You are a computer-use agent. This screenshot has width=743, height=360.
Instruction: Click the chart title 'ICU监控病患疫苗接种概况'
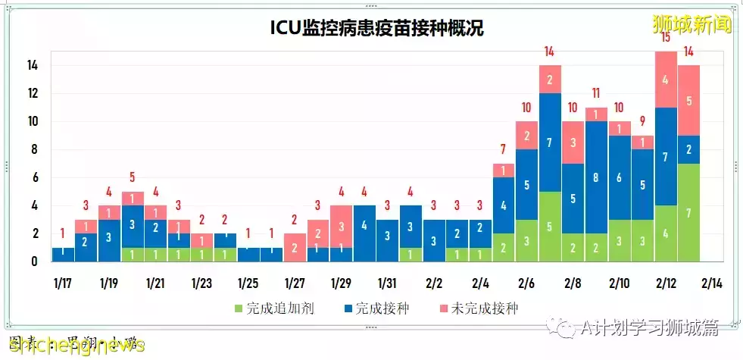[376, 29]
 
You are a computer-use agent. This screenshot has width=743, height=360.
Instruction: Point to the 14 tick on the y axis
[33, 66]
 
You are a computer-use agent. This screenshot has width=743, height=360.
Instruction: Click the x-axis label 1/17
[62, 283]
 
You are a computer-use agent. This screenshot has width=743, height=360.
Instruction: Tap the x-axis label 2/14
[713, 283]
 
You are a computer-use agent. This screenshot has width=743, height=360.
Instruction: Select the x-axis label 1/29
[341, 283]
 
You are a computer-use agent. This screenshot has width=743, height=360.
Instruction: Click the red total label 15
[666, 38]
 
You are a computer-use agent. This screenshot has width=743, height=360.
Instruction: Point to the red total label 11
[596, 93]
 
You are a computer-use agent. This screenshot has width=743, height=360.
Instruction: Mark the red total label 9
[642, 121]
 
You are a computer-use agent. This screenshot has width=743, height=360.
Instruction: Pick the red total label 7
[503, 149]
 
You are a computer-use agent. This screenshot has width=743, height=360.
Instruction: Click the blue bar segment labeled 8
[596, 177]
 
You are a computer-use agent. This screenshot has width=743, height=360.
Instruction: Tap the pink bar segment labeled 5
[689, 100]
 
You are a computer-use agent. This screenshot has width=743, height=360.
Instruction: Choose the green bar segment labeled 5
[550, 226]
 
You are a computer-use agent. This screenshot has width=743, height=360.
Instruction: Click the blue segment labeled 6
[620, 177]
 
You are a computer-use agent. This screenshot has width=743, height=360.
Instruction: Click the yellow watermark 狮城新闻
[692, 23]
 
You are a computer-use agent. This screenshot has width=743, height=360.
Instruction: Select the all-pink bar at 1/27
[295, 247]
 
